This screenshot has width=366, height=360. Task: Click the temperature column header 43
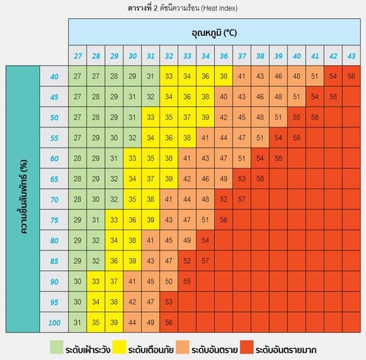pyautogui.click(x=351, y=55)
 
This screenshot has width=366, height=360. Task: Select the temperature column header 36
pyautogui.click(x=224, y=55)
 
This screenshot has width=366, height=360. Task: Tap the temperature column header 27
pyautogui.click(x=77, y=55)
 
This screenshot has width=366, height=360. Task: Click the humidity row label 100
pyautogui.click(x=54, y=322)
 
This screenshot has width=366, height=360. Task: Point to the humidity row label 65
pyautogui.click(x=54, y=179)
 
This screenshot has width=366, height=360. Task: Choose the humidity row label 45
pyautogui.click(x=54, y=97)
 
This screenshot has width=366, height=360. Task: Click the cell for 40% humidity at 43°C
pyautogui.click(x=351, y=76)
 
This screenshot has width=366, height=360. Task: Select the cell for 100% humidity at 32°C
pyautogui.click(x=169, y=322)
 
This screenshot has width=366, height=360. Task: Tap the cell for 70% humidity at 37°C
pyautogui.click(x=242, y=199)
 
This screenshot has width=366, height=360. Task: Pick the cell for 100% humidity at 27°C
pyautogui.click(x=77, y=322)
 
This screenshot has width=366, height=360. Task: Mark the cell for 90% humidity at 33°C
pyautogui.click(x=187, y=282)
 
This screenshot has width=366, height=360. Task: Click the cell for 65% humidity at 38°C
pyautogui.click(x=260, y=179)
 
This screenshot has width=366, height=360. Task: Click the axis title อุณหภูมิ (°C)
pyautogui.click(x=214, y=32)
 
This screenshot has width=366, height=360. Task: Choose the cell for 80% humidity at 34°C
pyautogui.click(x=205, y=240)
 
